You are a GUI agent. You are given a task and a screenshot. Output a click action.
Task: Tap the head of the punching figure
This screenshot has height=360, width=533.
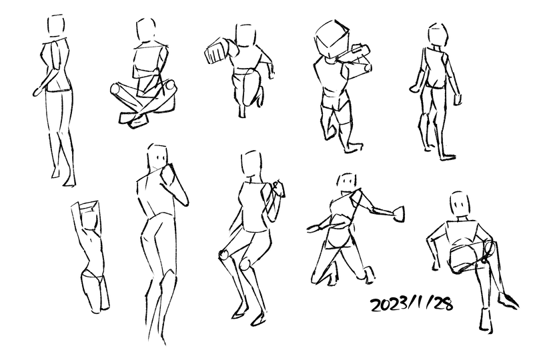(245, 35)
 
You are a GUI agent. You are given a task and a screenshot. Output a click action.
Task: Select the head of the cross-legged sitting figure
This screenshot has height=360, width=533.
(146, 30)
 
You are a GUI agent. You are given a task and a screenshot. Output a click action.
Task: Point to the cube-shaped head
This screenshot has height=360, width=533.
(332, 39)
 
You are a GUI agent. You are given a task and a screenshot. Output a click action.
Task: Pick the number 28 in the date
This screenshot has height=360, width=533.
(442, 303)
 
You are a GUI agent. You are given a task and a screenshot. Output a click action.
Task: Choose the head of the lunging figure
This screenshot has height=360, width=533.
(347, 184)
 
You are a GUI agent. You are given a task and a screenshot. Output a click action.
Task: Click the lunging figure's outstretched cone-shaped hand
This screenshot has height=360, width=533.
(399, 214)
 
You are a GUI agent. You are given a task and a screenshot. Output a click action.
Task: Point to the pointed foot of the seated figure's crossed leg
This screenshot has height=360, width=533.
(508, 300)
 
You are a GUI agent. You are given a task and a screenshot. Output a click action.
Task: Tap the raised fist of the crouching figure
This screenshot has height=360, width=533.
(279, 188)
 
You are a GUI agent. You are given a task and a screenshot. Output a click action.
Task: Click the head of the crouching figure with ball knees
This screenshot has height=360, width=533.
(251, 165)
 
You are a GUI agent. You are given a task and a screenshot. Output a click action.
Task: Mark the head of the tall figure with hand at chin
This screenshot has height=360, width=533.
(157, 157)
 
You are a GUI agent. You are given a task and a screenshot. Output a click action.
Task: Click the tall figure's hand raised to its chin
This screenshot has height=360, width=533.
(168, 175)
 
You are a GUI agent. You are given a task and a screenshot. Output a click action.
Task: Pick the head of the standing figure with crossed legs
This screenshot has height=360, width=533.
(56, 26)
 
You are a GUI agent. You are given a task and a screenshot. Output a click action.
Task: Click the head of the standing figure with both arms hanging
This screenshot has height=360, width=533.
(438, 35)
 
